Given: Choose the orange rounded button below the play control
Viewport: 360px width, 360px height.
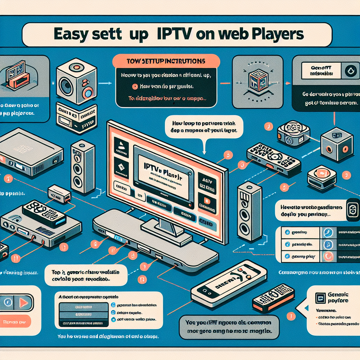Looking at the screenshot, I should coord(15,321).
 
